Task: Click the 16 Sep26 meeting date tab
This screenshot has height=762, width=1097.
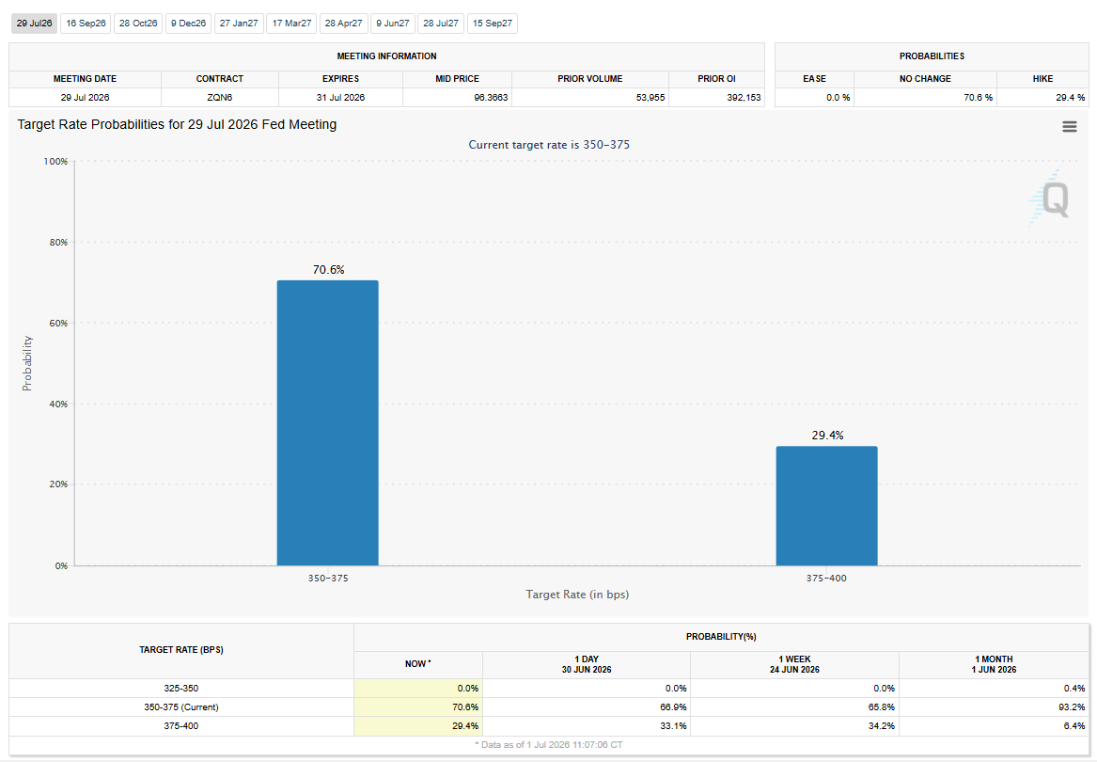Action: (86, 24)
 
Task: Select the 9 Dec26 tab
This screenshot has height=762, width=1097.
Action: (188, 24)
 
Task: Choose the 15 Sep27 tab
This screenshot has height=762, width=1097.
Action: (493, 24)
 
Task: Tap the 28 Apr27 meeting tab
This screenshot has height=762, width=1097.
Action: (343, 24)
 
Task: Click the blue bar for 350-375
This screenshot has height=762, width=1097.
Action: (327, 423)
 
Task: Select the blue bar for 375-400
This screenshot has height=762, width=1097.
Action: (826, 506)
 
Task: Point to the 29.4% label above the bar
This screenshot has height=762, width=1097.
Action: (827, 435)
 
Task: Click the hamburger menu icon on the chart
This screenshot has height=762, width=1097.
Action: (1069, 127)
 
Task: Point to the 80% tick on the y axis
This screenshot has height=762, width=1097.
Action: (58, 243)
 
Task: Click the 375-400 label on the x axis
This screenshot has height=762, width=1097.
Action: (826, 579)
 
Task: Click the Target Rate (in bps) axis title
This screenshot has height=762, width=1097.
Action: (577, 595)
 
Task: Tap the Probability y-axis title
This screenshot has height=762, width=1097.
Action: (27, 363)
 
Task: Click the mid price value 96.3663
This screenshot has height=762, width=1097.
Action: (491, 97)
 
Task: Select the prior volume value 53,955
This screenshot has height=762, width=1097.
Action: (650, 97)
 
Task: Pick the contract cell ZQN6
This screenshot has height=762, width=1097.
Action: (220, 97)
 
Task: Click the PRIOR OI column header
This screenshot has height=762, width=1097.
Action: (716, 78)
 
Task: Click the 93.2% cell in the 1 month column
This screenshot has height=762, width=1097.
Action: (1073, 707)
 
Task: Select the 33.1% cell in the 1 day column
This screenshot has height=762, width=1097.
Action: (674, 726)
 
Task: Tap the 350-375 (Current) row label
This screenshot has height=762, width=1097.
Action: (181, 707)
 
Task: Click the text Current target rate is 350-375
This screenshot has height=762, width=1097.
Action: (549, 145)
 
